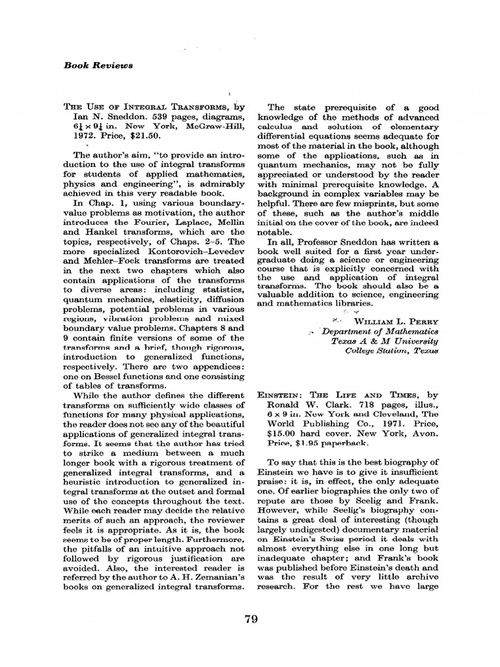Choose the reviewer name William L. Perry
396,321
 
